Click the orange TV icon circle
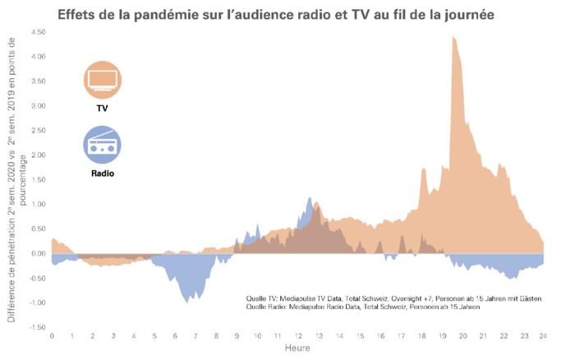(x=102, y=80)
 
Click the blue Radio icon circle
(x=102, y=145)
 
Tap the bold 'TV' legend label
(x=102, y=108)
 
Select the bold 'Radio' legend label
(x=102, y=173)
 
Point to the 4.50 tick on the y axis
(x=37, y=32)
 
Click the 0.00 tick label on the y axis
(x=37, y=253)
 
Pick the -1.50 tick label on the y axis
(x=35, y=327)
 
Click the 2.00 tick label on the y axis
(x=37, y=155)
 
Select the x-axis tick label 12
(x=298, y=337)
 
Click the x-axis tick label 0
(x=52, y=337)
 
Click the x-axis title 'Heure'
(x=297, y=349)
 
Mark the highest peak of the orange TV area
(x=453, y=38)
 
